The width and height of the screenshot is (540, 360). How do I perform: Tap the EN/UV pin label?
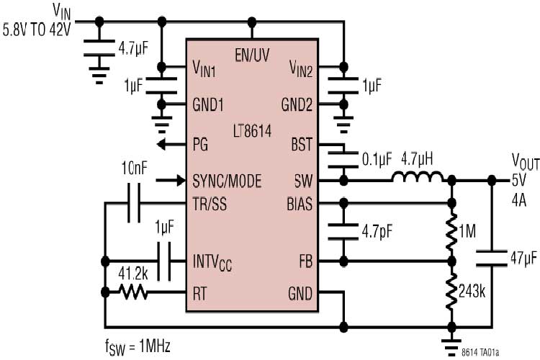click(253, 55)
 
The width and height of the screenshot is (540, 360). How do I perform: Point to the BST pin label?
click(301, 144)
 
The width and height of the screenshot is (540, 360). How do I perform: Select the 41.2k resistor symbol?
click(133, 292)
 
